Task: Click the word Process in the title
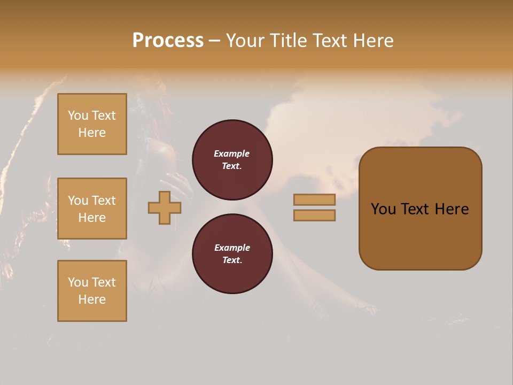[168, 41]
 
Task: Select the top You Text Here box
[92, 124]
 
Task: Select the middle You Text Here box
[92, 209]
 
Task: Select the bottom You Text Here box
[92, 291]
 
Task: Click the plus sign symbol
[165, 208]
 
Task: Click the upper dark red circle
[232, 160]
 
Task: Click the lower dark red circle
[232, 254]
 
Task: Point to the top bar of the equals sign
[314, 199]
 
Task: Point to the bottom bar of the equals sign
[314, 215]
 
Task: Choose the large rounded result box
[421, 209]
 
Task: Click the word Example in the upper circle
[232, 153]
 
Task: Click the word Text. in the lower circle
[232, 260]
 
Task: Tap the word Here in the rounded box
[452, 209]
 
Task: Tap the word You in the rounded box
[383, 209]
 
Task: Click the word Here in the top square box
[92, 133]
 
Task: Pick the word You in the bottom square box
[78, 282]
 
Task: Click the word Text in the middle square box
[103, 201]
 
